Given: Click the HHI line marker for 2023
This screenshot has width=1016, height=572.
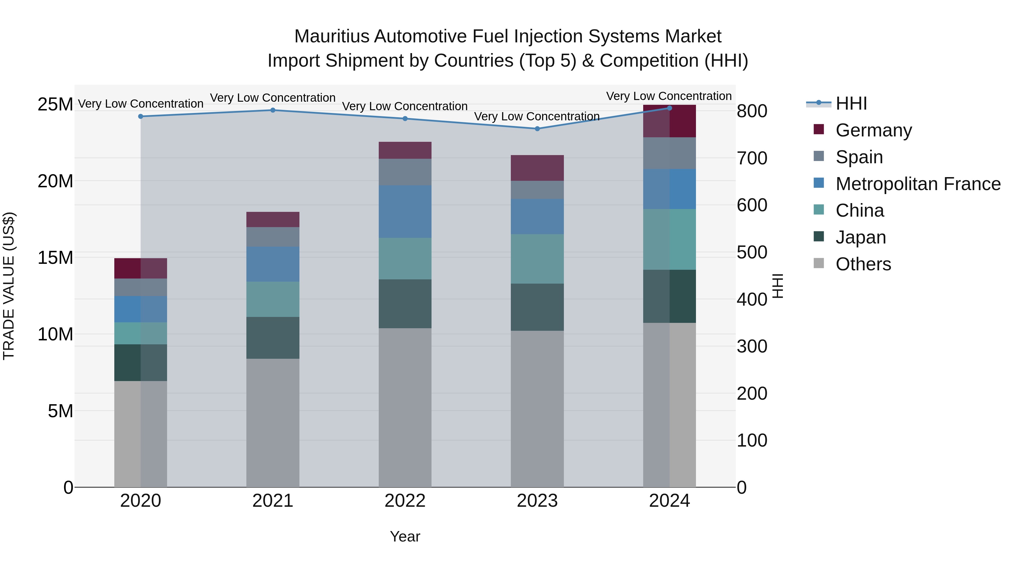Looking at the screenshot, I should [537, 129].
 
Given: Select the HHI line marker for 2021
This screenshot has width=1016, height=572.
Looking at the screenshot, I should [273, 110].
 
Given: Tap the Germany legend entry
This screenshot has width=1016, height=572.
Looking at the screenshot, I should [873, 130].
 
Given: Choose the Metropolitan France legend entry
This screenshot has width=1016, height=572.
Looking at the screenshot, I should [918, 184].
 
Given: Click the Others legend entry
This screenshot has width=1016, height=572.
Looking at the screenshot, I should [863, 264].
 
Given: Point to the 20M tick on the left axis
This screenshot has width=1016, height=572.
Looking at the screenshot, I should [55, 181].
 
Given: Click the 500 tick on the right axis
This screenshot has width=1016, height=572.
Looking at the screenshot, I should [752, 252].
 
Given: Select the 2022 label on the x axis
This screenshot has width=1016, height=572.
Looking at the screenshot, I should [405, 501].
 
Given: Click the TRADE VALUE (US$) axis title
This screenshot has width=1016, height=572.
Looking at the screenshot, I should [9, 286].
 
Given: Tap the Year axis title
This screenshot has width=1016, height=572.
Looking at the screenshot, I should [405, 536].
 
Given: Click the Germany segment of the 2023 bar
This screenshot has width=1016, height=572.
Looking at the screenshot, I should [537, 168].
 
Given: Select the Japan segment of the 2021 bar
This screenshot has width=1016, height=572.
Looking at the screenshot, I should [273, 338].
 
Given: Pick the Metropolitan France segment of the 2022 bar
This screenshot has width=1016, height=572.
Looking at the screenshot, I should [405, 212].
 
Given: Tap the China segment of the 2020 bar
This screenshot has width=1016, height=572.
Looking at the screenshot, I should [141, 333].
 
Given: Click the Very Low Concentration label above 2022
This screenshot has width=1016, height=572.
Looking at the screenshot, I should [405, 106].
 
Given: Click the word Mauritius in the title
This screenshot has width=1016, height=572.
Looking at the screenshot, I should [331, 36].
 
